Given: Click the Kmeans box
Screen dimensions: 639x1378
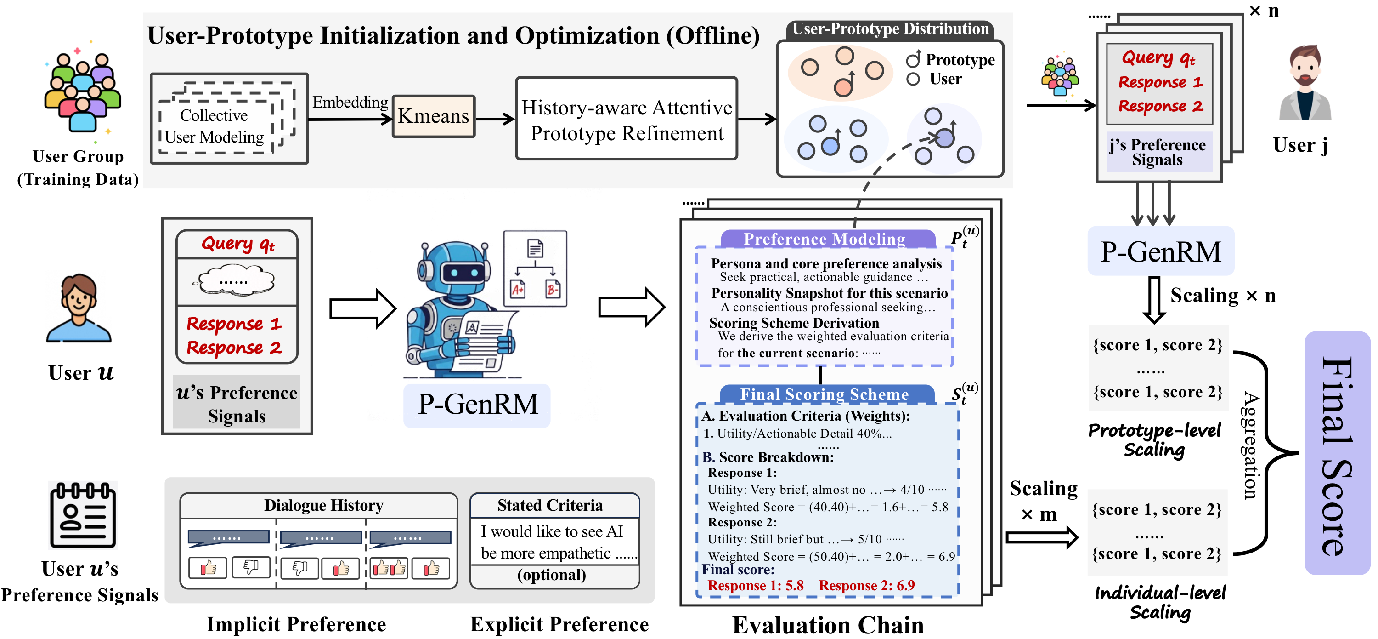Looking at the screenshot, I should [x=433, y=116].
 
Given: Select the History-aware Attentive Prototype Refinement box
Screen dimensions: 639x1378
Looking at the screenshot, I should [x=627, y=119].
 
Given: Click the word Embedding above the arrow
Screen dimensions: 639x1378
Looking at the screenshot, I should [x=350, y=102].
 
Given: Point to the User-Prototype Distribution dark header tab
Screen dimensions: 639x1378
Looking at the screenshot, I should [x=890, y=29].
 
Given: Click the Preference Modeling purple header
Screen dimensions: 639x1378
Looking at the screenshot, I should [x=825, y=239].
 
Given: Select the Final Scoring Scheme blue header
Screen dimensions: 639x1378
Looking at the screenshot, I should [x=825, y=394].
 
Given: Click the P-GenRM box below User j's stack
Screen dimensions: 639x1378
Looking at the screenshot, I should [x=1160, y=251].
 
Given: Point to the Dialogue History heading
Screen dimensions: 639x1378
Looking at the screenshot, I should [x=324, y=505].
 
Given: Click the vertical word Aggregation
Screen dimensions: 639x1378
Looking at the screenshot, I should [x=1250, y=445].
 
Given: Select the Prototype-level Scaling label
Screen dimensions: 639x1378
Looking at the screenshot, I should [x=1155, y=439].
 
